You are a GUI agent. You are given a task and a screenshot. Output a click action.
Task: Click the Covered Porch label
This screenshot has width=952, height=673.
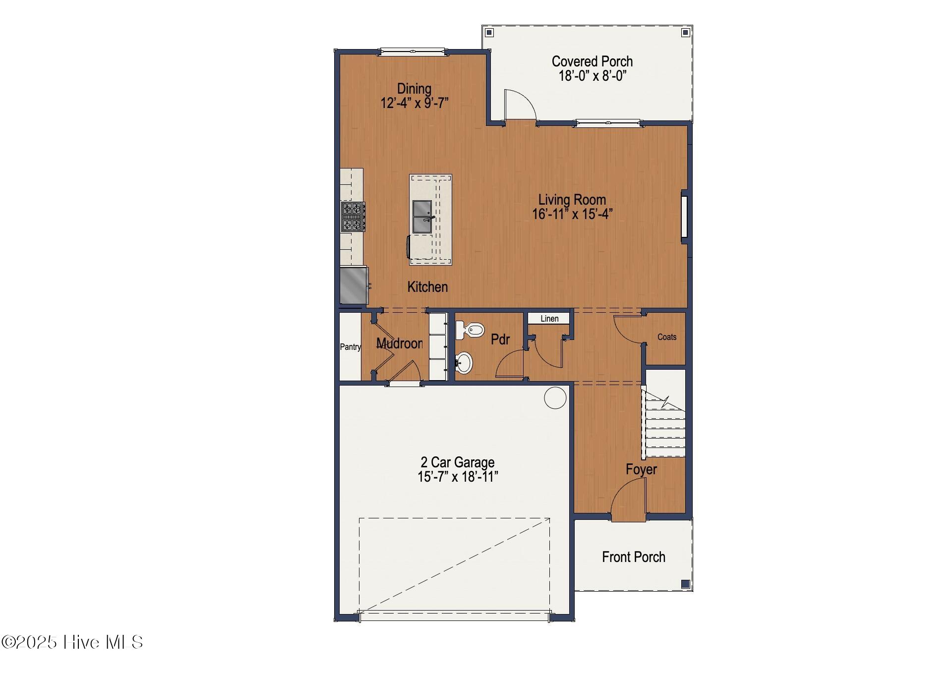pos(592,61)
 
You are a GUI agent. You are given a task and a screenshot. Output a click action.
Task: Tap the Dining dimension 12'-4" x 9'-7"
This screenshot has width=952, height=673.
pos(414,103)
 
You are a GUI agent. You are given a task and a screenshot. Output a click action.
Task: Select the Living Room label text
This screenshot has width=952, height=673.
pos(572,200)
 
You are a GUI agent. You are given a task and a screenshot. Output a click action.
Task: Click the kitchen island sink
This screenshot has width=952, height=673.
pos(422,217)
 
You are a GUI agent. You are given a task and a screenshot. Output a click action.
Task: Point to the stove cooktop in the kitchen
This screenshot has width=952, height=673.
pos(353,217)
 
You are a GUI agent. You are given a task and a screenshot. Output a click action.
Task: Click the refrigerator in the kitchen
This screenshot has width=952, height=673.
pos(354,285)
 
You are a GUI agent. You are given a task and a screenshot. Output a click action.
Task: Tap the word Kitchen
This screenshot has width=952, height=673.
pos(427,287)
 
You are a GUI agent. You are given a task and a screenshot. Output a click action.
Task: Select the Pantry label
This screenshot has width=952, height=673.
pos(350,347)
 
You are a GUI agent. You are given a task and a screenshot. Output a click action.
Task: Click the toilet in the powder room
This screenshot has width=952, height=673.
pos(470,330)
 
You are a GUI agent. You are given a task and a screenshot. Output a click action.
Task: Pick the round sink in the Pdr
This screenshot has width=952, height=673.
pos(464,362)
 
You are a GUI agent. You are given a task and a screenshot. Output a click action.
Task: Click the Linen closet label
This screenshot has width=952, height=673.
pos(549,319)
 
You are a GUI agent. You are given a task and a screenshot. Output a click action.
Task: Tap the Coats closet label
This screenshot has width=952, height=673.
pos(666,337)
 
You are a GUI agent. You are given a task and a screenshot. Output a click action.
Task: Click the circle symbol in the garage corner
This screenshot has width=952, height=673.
pos(555,398)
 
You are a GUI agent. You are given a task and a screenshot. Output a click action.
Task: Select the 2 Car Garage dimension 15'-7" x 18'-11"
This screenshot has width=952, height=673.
pos(457,477)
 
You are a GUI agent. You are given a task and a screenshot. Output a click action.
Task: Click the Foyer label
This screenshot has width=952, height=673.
pos(641,469)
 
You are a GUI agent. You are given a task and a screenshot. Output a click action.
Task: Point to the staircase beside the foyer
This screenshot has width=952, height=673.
pos(664,426)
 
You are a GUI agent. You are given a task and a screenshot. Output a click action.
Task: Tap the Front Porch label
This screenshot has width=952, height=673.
pos(633,557)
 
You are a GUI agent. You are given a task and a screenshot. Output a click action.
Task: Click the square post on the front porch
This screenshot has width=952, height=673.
pos(685,584)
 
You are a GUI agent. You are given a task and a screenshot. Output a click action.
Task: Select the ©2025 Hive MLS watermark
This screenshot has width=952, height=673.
pos(72,642)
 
